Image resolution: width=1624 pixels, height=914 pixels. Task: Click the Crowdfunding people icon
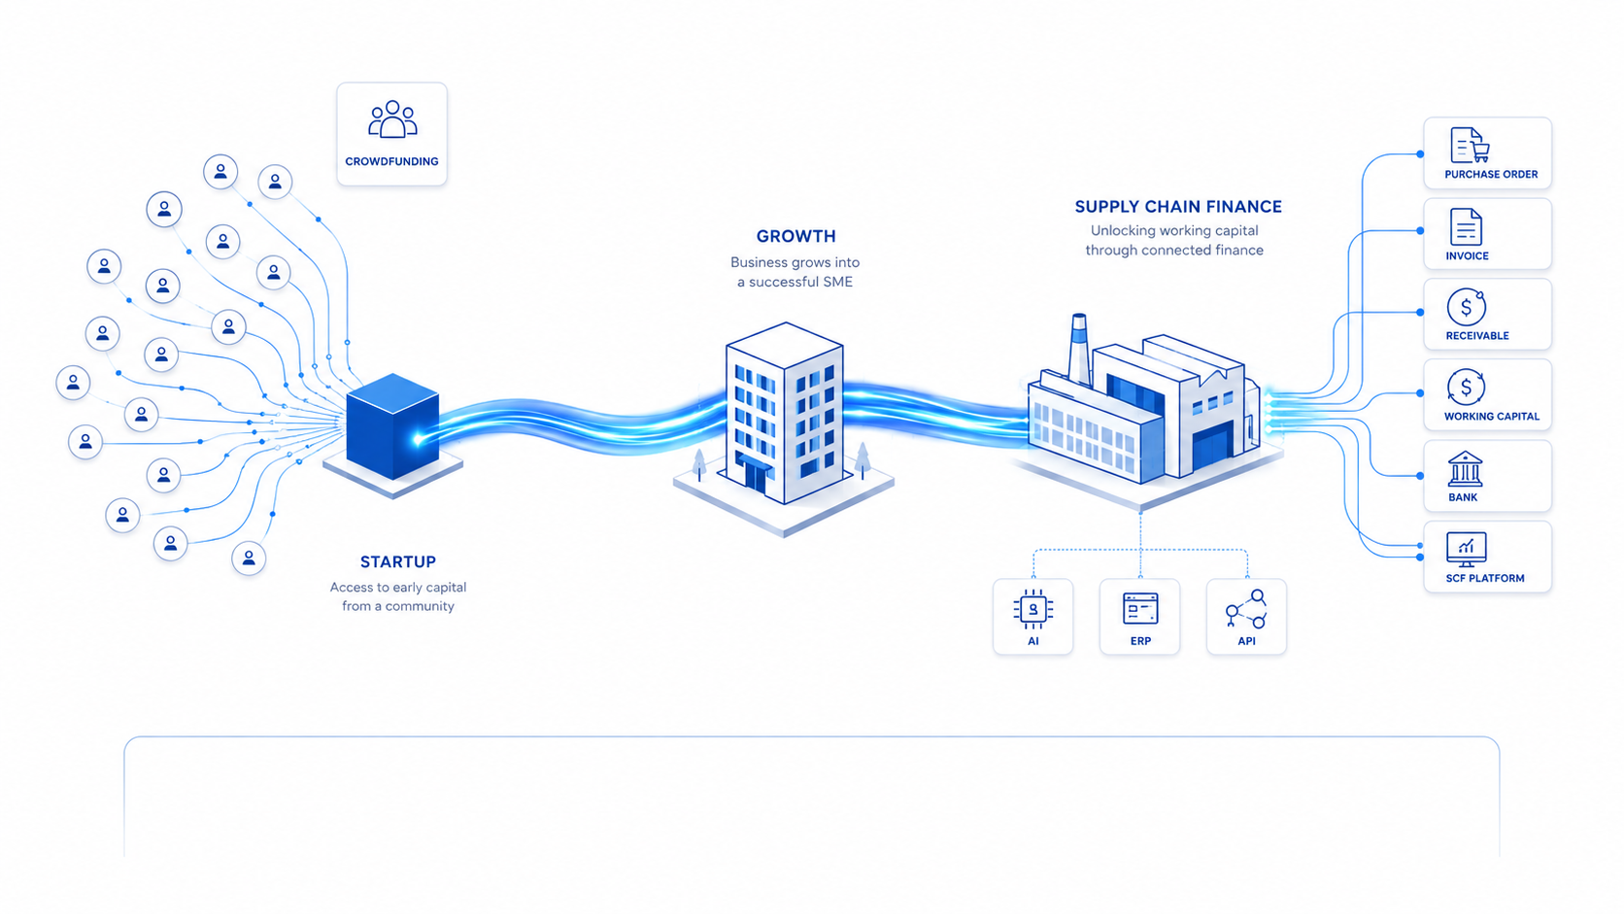[x=392, y=118]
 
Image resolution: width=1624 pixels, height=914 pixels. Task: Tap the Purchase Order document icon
[x=1470, y=145]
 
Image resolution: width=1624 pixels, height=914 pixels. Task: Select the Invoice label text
[x=1467, y=255]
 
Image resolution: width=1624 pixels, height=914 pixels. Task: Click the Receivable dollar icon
[x=1466, y=307]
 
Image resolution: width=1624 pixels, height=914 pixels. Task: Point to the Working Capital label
[x=1491, y=416]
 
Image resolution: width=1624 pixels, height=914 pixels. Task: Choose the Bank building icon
[x=1466, y=469]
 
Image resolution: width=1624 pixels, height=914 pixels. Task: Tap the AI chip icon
[x=1033, y=609]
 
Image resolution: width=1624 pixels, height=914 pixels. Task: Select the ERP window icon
[x=1140, y=608]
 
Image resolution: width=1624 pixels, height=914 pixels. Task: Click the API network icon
[x=1246, y=609]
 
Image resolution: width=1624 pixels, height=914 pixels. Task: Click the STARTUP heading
[x=398, y=561]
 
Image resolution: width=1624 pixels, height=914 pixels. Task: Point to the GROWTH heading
[x=796, y=236]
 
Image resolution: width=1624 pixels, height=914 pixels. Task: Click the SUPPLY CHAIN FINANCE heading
[x=1178, y=207]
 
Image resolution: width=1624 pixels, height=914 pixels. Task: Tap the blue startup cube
[x=392, y=426]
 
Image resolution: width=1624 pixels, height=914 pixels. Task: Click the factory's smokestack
[x=1079, y=348]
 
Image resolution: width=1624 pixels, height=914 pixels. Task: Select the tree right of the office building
[x=863, y=460]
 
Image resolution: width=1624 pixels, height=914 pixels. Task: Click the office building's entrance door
[x=755, y=478]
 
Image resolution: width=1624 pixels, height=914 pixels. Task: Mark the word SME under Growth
[x=838, y=282]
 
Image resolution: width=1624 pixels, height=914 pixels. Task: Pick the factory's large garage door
[x=1211, y=447]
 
